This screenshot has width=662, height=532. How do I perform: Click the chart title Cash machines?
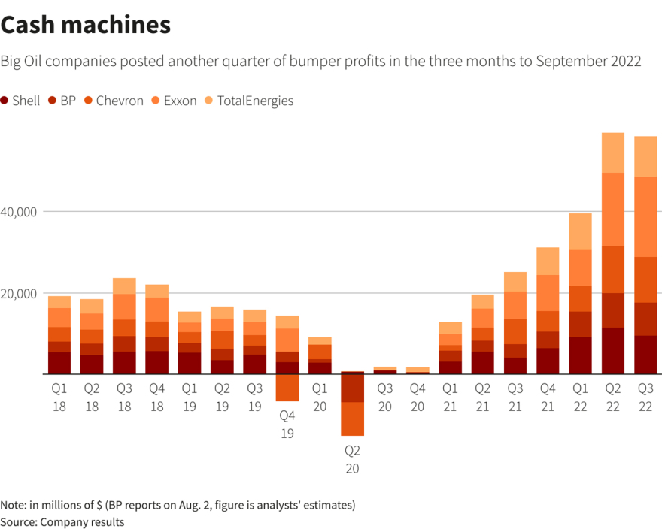[x=86, y=25]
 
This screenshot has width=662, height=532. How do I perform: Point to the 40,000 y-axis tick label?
[x=20, y=212]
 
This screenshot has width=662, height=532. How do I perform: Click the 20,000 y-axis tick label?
[x=20, y=293]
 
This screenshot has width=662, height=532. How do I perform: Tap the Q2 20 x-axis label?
[x=352, y=459]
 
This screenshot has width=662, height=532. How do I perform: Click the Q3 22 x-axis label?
[x=645, y=397]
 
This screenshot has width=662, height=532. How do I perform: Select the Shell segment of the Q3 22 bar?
[x=645, y=355]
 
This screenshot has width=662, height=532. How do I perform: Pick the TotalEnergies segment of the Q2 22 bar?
[x=613, y=153]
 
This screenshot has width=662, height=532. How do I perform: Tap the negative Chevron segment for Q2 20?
[x=352, y=419]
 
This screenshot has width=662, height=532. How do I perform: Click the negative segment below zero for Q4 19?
[x=287, y=388]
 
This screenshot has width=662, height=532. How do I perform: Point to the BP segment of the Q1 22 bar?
[x=580, y=324]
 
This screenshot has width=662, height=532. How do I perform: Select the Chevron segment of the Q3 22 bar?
[x=645, y=280]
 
